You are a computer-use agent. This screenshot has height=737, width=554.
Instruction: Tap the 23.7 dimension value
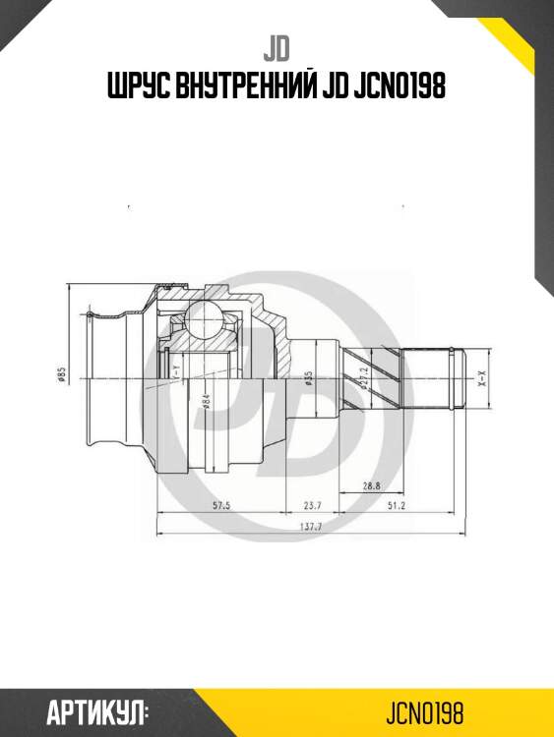click(312, 506)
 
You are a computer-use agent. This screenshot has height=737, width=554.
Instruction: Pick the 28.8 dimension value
click(371, 485)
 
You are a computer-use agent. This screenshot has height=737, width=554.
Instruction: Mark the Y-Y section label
click(175, 371)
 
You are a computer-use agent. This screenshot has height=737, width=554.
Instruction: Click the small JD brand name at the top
click(277, 47)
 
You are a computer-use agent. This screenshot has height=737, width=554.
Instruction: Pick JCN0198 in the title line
click(398, 86)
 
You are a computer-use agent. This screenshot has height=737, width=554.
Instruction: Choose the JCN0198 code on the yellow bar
click(425, 711)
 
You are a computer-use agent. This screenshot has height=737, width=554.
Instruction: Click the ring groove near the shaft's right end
click(452, 378)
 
